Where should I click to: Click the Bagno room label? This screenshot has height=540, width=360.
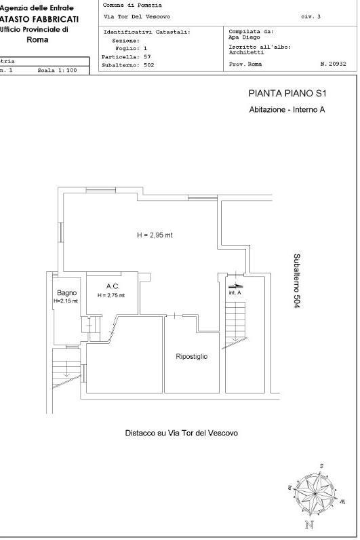[66, 293]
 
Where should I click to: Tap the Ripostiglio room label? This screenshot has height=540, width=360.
[192, 356]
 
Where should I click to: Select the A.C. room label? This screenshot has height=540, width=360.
[113, 286]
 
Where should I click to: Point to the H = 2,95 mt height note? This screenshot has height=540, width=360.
[155, 235]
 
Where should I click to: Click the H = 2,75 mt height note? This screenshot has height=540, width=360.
[111, 295]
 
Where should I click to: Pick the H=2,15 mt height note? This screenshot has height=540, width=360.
[66, 301]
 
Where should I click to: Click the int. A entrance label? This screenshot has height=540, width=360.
[235, 293]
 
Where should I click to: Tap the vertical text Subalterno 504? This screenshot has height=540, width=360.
[297, 281]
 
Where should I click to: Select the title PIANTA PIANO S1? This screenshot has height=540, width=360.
[287, 94]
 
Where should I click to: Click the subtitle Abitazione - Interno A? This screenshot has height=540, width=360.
[287, 110]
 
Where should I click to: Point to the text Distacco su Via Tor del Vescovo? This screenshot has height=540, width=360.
[182, 433]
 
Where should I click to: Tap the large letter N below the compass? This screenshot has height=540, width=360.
[309, 525]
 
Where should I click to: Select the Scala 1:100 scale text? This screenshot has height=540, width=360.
[57, 71]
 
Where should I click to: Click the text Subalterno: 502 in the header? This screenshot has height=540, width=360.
[127, 65]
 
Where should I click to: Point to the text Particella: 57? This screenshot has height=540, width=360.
[126, 57]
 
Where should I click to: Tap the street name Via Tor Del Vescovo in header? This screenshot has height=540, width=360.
[137, 16]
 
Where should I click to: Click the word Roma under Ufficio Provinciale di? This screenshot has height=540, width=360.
[37, 39]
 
